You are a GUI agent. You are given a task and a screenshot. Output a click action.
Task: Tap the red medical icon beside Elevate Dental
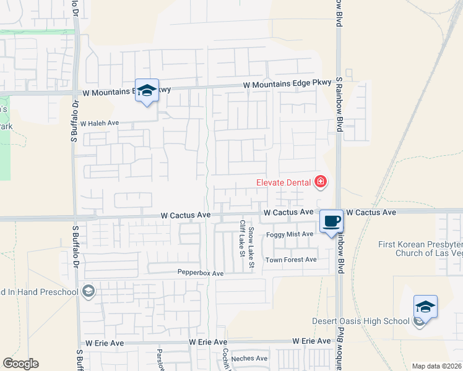click(x=320, y=182)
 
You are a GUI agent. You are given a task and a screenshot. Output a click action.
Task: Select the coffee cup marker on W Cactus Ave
click(x=332, y=221)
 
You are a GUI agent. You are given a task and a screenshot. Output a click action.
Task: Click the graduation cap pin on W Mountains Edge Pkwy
click(x=147, y=90)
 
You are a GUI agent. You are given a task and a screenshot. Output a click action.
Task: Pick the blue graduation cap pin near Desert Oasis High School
click(x=425, y=307)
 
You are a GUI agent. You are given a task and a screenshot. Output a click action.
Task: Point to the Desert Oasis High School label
click(x=361, y=321)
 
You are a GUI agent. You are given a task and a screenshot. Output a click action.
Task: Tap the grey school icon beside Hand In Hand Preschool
click(x=89, y=292)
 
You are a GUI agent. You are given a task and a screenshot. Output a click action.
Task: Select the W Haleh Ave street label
click(x=99, y=124)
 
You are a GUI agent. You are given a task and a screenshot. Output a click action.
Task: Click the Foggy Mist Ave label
click(x=290, y=234)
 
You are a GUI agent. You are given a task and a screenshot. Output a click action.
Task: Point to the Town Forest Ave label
click(x=291, y=260)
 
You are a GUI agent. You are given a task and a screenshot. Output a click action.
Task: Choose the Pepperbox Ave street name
click(x=200, y=273)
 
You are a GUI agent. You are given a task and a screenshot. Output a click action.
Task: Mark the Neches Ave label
click(x=249, y=358)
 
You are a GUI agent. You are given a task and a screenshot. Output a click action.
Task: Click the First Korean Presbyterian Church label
click(x=421, y=249)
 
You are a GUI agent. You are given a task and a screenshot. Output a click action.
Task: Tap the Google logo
click(x=20, y=364)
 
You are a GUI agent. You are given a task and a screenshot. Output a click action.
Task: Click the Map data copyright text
click(x=437, y=366)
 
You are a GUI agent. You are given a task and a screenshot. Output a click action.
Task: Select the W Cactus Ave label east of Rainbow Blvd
click(x=371, y=212)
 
